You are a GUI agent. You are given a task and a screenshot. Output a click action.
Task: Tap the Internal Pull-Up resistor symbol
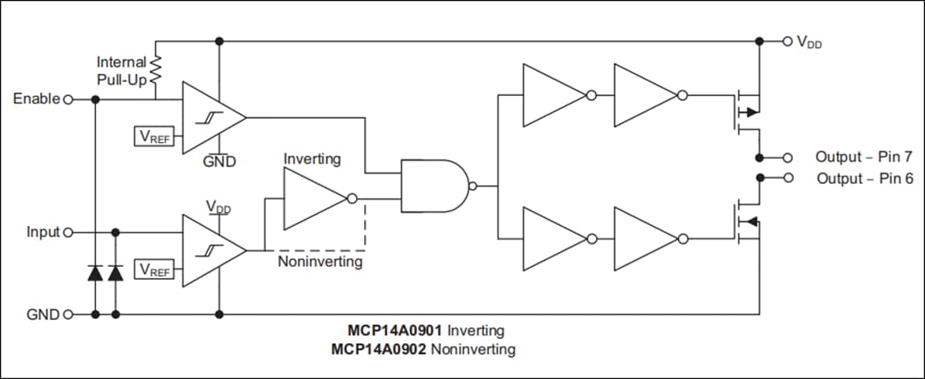(x=156, y=70)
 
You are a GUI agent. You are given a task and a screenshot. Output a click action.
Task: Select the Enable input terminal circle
(x=68, y=99)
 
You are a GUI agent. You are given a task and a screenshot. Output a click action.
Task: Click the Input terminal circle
(x=68, y=232)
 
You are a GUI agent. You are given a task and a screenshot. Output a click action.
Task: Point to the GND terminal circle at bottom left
(x=68, y=314)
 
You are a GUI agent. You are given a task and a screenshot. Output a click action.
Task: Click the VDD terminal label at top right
(x=809, y=42)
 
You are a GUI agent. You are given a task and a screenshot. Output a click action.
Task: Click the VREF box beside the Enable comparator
(x=155, y=136)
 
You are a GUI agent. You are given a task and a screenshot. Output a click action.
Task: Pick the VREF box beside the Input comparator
(x=155, y=269)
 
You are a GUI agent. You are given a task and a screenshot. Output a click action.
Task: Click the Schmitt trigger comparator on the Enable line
(x=211, y=116)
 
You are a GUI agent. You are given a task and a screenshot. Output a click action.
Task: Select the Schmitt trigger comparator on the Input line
(x=211, y=249)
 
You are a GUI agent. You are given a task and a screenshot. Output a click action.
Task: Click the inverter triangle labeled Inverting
(x=313, y=198)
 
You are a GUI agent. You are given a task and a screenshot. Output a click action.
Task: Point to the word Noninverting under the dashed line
(x=319, y=262)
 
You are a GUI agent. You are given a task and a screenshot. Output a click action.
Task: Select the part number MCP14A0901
(x=395, y=330)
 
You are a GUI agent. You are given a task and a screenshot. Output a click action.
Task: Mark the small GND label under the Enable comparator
(x=219, y=161)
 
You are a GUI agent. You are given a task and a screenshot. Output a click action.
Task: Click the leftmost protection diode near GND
(x=95, y=273)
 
